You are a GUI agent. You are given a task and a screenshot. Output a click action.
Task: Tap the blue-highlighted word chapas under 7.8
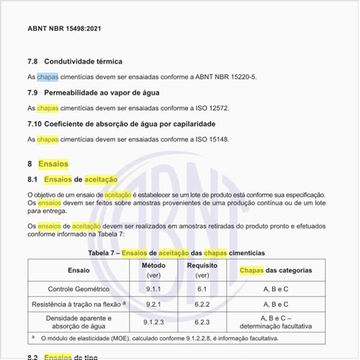[48, 77]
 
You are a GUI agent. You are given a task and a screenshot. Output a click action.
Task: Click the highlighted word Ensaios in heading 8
[53, 164]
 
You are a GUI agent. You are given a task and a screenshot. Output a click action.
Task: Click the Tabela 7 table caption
[176, 253]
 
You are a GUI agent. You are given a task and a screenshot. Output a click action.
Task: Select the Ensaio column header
[79, 270]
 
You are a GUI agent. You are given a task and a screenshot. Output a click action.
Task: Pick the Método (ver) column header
[153, 270]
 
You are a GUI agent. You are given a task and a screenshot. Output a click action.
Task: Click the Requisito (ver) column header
[202, 270]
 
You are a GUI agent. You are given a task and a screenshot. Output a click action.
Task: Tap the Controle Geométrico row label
[79, 289]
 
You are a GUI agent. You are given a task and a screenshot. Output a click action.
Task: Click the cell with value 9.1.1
[153, 289]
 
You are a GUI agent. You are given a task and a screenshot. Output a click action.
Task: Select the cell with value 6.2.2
[202, 304]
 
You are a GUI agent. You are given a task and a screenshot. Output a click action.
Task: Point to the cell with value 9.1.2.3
[153, 322]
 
